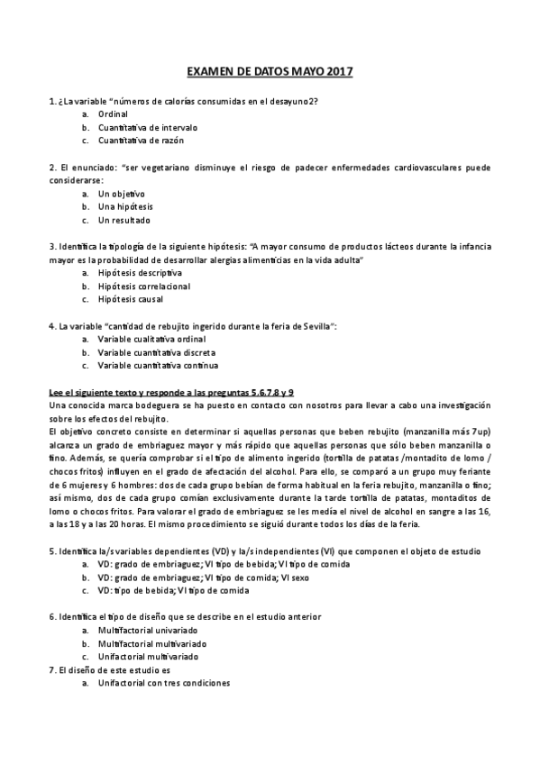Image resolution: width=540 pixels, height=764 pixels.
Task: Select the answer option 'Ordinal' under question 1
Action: click(x=113, y=114)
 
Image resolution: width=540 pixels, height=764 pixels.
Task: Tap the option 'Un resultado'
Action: click(x=124, y=219)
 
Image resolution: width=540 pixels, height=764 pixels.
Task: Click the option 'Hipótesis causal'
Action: click(x=131, y=298)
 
